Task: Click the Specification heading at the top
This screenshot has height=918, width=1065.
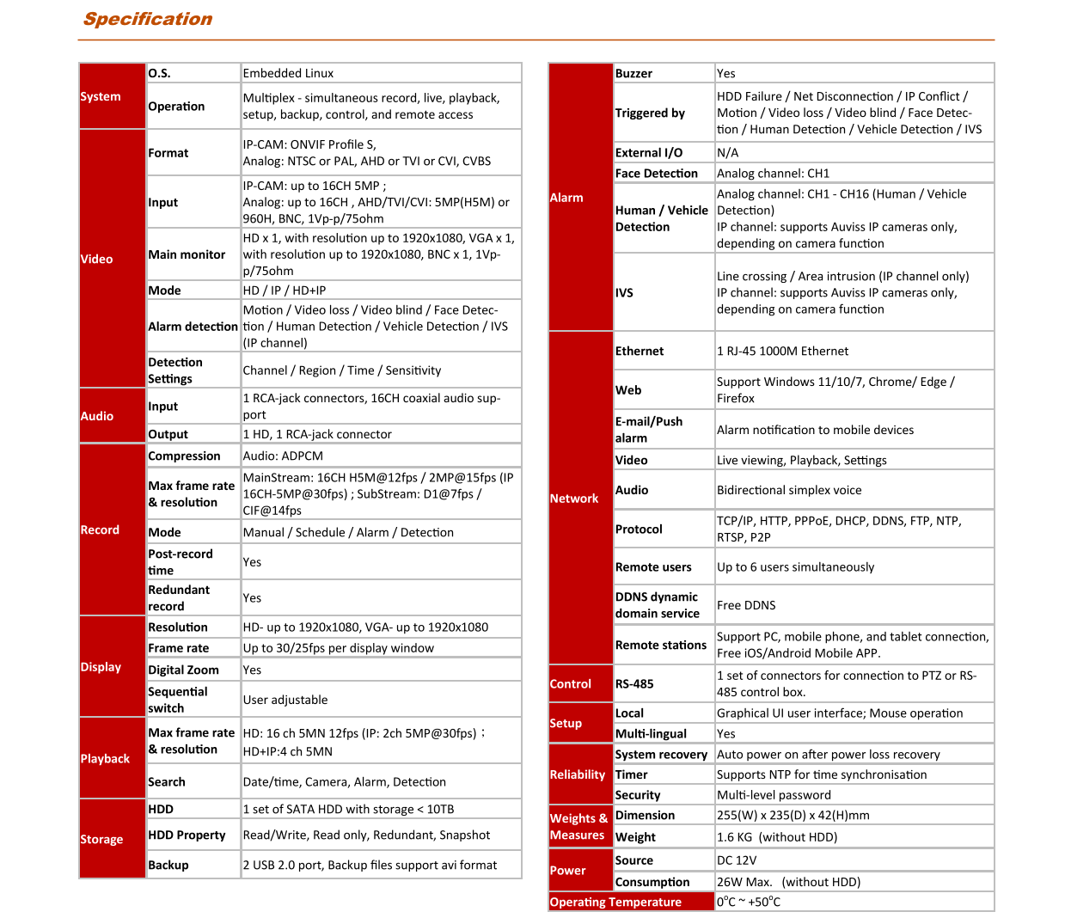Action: coord(147,19)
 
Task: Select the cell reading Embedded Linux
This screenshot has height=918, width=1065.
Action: coord(288,73)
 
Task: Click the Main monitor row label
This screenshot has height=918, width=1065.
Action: coord(187,254)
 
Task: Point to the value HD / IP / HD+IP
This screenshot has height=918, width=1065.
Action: coord(285,291)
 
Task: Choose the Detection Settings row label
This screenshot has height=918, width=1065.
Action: coord(175,370)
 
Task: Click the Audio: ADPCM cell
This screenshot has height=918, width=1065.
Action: coord(283,456)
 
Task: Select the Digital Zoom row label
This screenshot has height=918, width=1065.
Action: coord(183,670)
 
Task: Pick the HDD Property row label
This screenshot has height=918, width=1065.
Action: coord(187,835)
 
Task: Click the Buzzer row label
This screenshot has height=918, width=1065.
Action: coord(633,73)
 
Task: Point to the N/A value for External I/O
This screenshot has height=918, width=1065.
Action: coord(727,152)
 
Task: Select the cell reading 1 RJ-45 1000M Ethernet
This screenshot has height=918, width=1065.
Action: coord(782,351)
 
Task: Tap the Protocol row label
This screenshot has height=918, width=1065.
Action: coord(639,529)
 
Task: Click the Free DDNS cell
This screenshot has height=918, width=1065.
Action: coord(746,605)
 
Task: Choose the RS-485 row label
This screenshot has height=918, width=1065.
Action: coord(634,683)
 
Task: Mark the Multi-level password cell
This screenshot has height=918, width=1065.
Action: coord(774,795)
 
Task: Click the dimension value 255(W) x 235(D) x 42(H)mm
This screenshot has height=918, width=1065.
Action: coord(793,815)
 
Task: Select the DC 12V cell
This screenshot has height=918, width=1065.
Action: coord(737,860)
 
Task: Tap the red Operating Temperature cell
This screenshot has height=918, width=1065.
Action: coord(615,902)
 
